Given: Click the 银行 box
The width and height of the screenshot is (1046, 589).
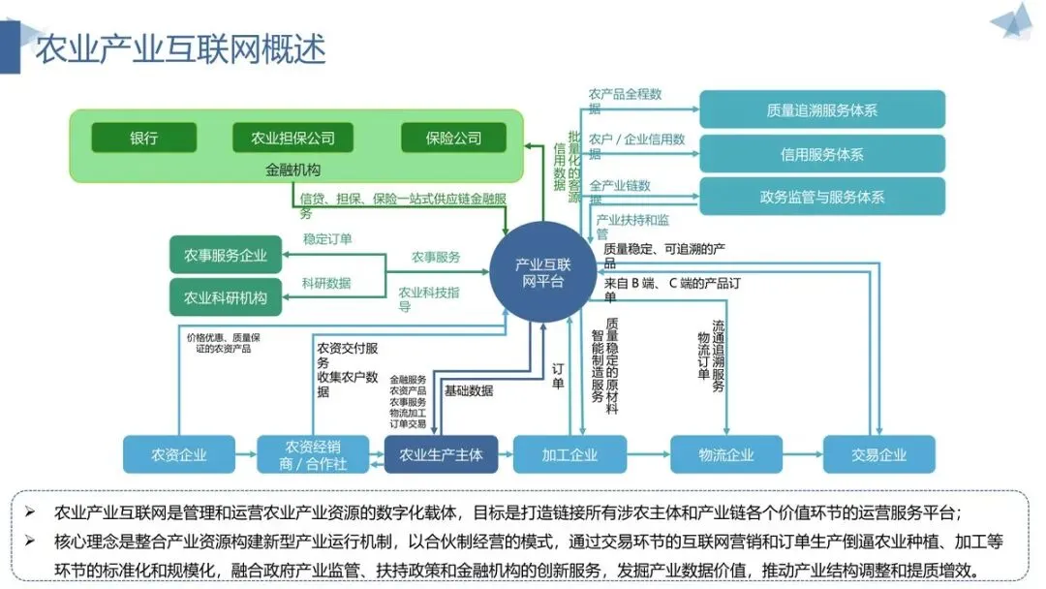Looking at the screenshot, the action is pos(144,138).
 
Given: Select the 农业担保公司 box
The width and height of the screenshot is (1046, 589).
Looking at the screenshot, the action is pos(292,138).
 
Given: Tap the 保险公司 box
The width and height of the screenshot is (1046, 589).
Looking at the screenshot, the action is pos(453,138).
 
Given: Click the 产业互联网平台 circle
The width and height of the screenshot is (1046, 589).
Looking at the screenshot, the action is pos(543,272).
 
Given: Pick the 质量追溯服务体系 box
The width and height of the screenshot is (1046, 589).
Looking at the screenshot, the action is pos(822,109).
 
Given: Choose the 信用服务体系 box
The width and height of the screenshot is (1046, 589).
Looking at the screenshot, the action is pos(822,154).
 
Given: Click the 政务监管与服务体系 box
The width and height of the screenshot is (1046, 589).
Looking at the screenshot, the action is pos(822,196).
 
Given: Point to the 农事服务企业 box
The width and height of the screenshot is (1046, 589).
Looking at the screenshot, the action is pos(226,255).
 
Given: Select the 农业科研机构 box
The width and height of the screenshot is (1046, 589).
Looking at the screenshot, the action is pos(226,297).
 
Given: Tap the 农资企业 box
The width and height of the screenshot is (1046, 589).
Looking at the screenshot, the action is pos(179,454).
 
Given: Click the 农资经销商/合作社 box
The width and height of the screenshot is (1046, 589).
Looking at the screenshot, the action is pos(313,454).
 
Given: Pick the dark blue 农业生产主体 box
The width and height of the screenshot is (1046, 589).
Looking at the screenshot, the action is pos(441,454).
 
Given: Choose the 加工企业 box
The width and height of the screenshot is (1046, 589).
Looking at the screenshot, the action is pos(569,454).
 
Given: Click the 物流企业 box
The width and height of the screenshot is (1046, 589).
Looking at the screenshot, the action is pos(725,454).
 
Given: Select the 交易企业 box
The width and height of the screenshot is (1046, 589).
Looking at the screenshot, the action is pos(879,454).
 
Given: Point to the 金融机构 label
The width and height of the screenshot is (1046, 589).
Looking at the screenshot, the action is pos(292,170).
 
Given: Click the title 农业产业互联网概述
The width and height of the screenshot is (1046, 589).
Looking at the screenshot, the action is pos(181,48).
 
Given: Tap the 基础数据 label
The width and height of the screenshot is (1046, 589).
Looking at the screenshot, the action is pos(469,390).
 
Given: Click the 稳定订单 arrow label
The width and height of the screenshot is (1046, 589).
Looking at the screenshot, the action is pos(327,239).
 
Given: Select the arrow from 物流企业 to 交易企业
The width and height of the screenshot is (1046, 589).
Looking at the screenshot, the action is pos(803,454).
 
